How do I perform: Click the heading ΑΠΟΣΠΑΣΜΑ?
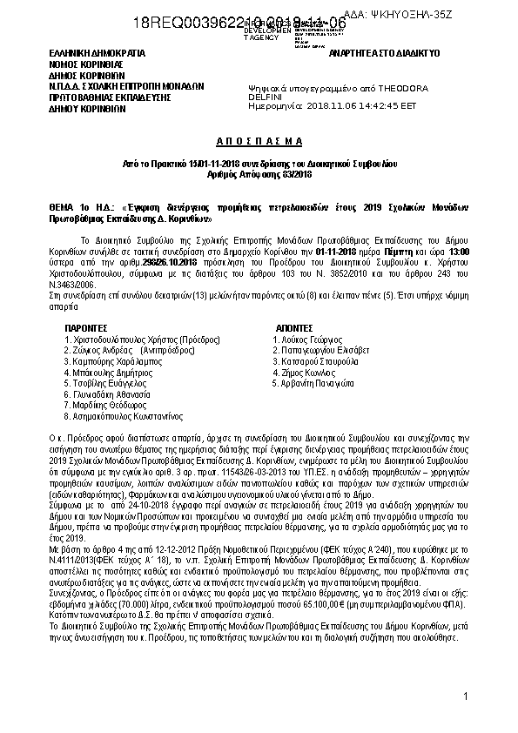[x=259, y=140]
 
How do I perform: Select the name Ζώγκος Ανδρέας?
[x=95, y=347]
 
